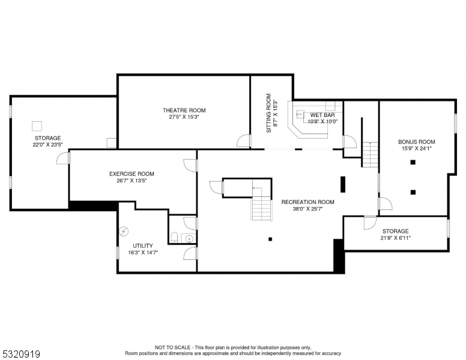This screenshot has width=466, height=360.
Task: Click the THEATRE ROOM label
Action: click(x=184, y=110)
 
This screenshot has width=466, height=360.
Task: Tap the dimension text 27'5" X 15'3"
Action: click(x=184, y=118)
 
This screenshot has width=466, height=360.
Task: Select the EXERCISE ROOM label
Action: click(x=132, y=174)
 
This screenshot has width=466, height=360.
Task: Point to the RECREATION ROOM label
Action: click(x=307, y=202)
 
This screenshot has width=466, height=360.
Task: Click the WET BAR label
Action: click(x=322, y=115)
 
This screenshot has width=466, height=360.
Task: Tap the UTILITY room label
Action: click(x=143, y=245)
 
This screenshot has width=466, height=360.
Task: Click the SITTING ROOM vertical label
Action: click(x=268, y=113)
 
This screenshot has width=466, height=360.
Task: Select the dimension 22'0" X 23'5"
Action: click(x=47, y=145)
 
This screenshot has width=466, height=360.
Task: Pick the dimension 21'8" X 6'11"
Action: click(x=395, y=238)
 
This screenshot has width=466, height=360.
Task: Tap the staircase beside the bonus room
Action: click(x=371, y=155)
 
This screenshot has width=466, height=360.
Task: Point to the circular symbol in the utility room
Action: click(x=124, y=230)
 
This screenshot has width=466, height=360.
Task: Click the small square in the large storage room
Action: click(x=37, y=125)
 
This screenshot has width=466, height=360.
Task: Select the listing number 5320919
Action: click(x=20, y=354)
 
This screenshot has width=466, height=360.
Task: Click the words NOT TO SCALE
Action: click(x=174, y=347)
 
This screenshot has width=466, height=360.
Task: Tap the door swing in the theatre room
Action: click(x=243, y=142)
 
